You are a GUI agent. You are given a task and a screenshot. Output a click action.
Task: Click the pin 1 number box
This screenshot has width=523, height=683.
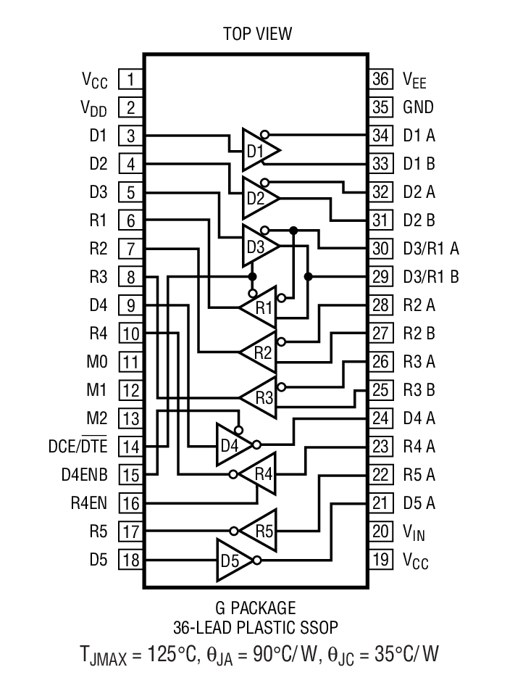[130, 79]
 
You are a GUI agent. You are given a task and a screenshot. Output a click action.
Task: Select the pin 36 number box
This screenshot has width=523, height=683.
[380, 79]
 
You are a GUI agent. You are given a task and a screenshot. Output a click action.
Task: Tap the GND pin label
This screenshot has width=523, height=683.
[418, 107]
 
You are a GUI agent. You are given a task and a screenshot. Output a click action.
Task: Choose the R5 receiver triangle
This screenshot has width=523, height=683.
[261, 531]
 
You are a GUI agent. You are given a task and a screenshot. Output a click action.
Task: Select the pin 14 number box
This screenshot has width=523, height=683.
[130, 447]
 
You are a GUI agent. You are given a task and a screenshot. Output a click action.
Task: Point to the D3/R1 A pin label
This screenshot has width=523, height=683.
[431, 249]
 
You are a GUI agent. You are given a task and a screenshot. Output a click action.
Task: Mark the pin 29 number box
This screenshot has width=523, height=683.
[380, 276]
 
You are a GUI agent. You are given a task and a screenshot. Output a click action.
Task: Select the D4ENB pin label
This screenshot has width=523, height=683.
[84, 475]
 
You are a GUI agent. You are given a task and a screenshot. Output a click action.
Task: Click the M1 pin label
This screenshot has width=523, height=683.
[96, 390]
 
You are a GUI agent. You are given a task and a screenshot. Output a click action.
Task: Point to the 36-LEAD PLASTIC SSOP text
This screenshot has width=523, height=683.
[256, 626]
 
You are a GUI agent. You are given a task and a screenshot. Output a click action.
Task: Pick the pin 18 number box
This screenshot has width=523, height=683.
[130, 560]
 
